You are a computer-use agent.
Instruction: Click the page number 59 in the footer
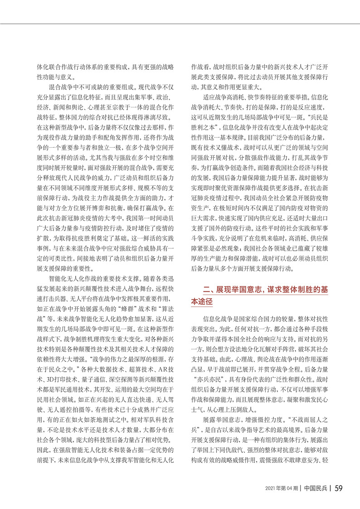tap(339, 489)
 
